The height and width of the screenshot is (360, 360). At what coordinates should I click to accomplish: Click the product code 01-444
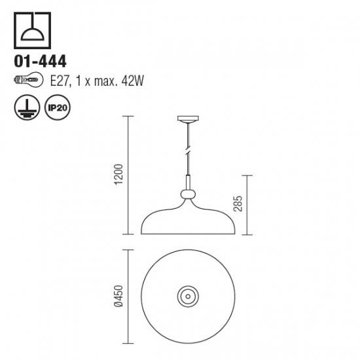point(40,62)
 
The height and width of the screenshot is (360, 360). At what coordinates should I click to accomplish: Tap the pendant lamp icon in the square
point(32,30)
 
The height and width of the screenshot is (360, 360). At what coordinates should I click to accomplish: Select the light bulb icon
point(28,80)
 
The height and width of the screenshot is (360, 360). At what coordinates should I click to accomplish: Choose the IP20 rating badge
point(58,107)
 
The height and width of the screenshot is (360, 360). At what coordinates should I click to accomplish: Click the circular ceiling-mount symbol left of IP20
point(27,107)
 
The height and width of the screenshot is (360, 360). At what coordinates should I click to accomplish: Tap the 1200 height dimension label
point(118,175)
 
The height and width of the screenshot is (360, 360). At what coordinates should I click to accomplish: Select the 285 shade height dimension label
point(238,204)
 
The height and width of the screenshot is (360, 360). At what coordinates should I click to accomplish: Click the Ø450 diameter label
point(118,296)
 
